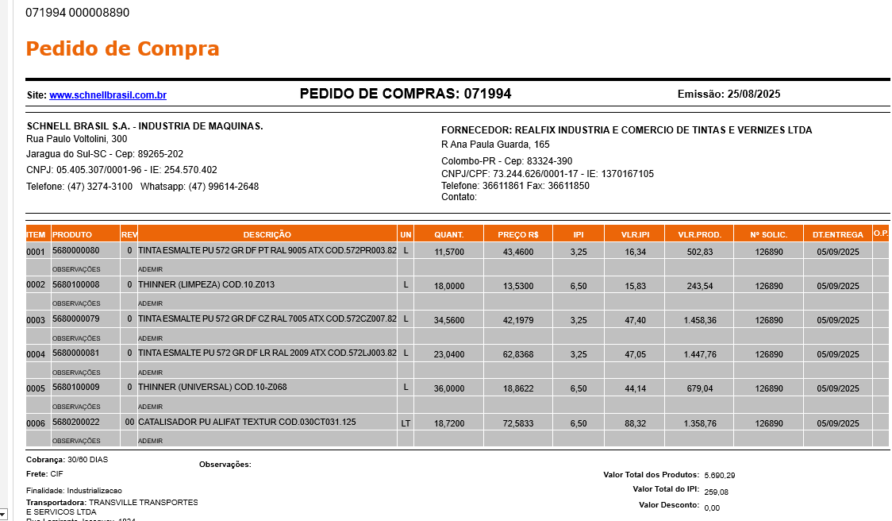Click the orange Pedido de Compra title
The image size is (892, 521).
point(122,48)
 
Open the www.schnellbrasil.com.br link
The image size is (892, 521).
point(108,95)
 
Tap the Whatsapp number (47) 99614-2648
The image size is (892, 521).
point(223,187)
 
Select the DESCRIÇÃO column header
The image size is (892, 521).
point(267,235)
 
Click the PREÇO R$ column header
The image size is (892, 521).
point(517,235)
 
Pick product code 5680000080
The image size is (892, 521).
point(76,251)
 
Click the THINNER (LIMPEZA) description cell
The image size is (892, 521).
point(206,285)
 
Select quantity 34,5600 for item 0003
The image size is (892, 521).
point(449,320)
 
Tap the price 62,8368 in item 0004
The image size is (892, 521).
point(517,354)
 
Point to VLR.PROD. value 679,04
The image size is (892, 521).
point(698,388)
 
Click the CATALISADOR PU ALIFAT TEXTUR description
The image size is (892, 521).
point(247,423)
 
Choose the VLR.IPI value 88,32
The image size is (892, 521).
point(635,423)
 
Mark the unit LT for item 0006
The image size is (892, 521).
point(406,423)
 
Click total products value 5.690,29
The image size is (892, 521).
point(719,475)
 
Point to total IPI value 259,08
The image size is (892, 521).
point(716,492)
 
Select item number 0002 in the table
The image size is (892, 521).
point(37,285)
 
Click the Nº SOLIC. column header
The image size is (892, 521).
point(768,235)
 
